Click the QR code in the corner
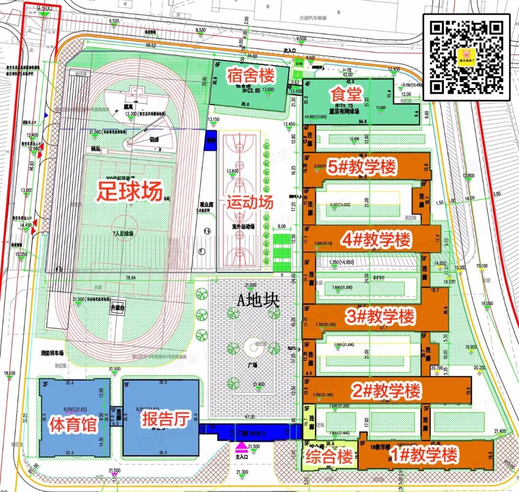pyautogui.click(x=466, y=54)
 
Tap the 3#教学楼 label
pyautogui.click(x=380, y=317)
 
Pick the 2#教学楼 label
pyautogui.click(x=386, y=391)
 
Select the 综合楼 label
pyautogui.click(x=330, y=457)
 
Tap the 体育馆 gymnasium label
pyautogui.click(x=73, y=426)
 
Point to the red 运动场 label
pyautogui.click(x=250, y=202)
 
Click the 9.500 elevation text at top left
pyautogui.click(x=44, y=8)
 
